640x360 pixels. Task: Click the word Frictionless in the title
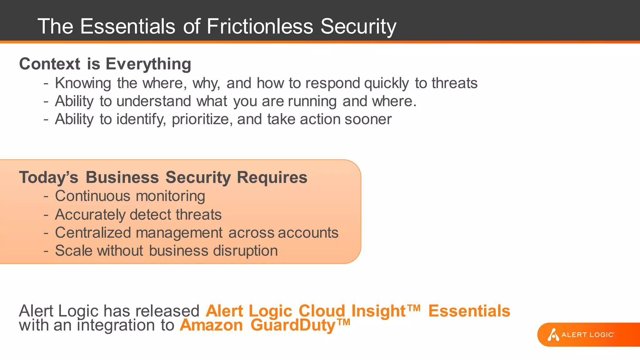259,26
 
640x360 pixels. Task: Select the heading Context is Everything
105,64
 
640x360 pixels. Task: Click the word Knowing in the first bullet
83,83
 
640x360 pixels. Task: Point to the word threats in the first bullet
454,83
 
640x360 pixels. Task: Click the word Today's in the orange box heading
48,177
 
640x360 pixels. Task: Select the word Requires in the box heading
272,177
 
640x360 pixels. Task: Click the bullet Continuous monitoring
130,196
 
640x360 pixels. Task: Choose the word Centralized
93,233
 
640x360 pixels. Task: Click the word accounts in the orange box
308,233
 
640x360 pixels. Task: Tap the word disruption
245,251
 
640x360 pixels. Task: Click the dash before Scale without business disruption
46,251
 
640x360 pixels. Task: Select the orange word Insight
378,311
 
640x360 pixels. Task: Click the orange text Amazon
211,325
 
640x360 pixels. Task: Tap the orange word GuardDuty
293,325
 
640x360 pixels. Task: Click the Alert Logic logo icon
553,335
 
